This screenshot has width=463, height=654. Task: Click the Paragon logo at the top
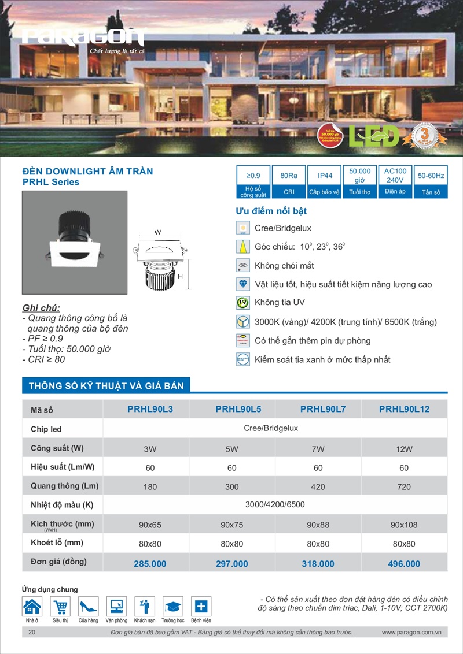point(83,38)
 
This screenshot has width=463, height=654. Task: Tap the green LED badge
point(374,136)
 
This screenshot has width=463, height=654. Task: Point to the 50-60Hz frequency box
point(431,175)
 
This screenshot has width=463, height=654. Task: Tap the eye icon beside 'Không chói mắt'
point(243,266)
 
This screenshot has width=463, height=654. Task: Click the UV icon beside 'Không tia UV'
point(243,303)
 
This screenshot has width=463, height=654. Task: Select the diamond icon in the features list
point(243,284)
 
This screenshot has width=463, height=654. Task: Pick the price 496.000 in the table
point(404,564)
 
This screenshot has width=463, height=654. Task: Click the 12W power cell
point(404,449)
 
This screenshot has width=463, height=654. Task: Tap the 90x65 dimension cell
point(150,525)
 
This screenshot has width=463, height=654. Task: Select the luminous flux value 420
point(318,486)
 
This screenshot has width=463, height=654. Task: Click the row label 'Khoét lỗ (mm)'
point(57,543)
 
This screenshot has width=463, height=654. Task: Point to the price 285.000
point(150,564)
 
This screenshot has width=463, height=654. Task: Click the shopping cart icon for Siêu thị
point(60,607)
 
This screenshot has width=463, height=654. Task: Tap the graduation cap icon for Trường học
point(172,607)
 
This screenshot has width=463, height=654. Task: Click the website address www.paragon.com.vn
point(411,633)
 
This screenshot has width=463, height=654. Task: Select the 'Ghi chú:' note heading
point(41,307)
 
